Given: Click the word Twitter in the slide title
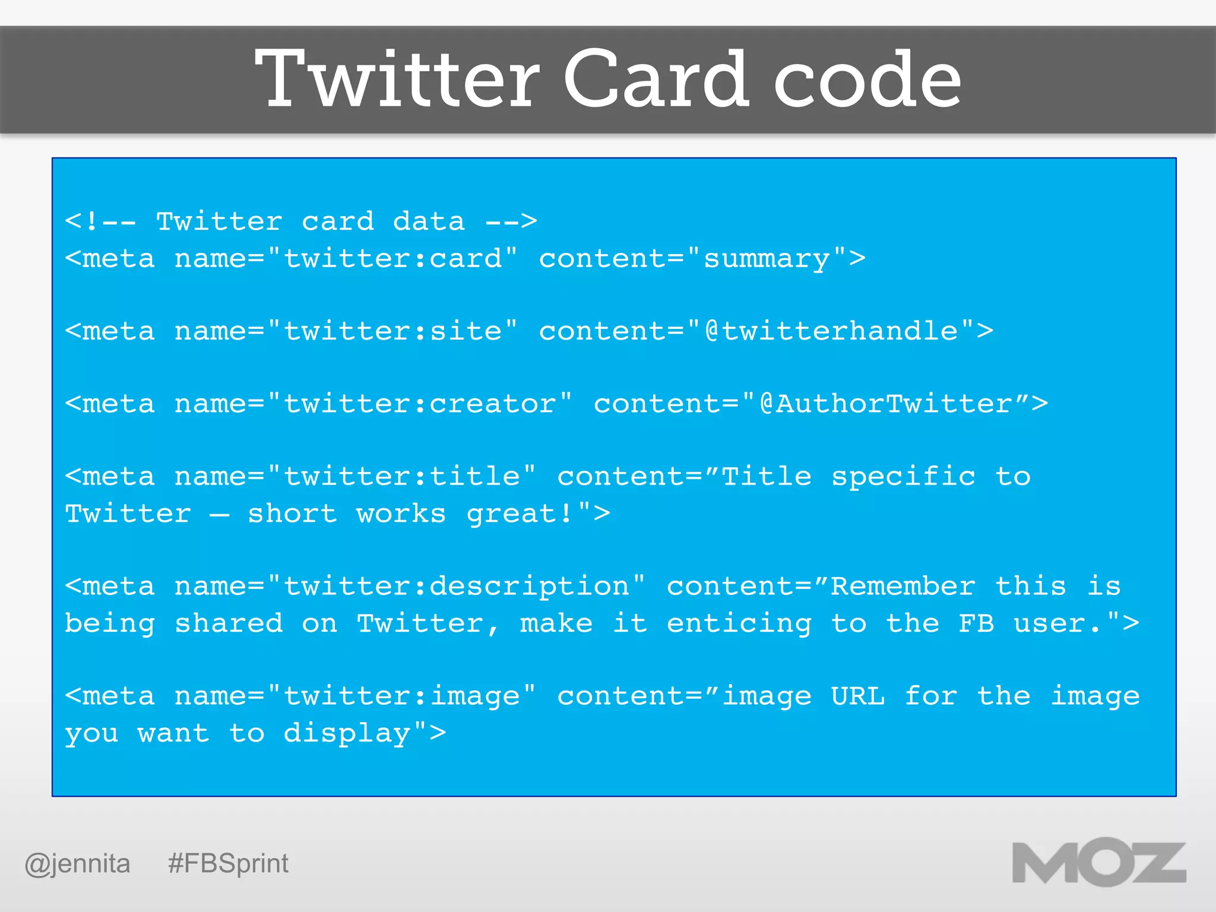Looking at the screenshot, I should click(397, 79).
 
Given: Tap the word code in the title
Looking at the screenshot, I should click(867, 79).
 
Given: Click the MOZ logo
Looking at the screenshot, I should click(1099, 863).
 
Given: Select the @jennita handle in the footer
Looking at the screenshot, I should click(77, 863).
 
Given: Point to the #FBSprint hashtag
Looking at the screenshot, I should click(228, 863).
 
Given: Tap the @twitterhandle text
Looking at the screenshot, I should click(831, 331).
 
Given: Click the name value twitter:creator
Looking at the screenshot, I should click(420, 404).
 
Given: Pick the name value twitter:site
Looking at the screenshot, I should click(392, 331).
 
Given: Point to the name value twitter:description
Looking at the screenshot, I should click(456, 587).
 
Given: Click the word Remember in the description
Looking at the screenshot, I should click(902, 587).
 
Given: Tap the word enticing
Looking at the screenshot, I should click(739, 623).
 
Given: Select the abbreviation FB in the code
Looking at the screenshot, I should click(976, 623).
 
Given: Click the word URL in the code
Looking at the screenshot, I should click(857, 696).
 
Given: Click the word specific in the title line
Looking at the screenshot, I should click(902, 477).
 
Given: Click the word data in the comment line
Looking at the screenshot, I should click(429, 222).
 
